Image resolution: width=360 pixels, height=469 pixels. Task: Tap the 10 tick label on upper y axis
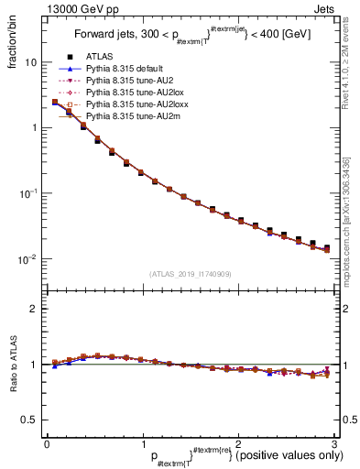tap(29, 62)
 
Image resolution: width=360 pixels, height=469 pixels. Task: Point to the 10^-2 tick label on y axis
tap(27, 259)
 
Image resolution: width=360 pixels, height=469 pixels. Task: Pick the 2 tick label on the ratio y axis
tap(33, 309)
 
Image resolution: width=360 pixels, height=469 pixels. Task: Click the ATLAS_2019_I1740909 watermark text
tap(190, 274)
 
